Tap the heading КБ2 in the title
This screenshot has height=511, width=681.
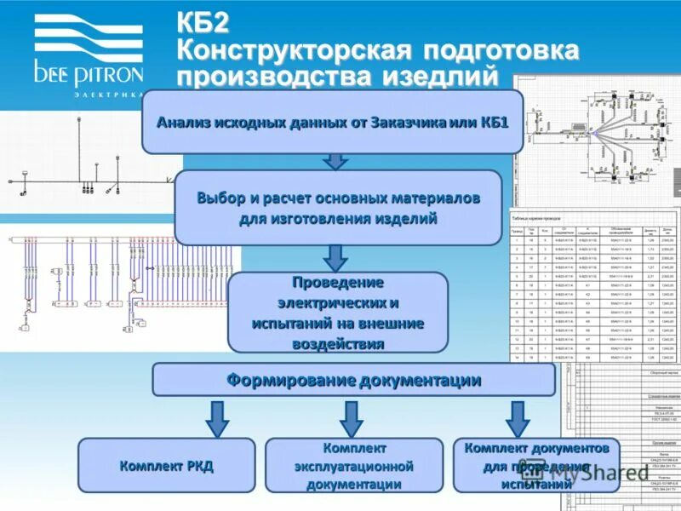point(203,20)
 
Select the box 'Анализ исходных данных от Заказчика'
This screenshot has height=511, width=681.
point(332,122)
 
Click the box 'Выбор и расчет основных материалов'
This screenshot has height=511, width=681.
point(338,208)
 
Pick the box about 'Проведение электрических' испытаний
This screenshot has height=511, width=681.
point(338,313)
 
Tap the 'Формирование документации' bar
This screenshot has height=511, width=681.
point(353,380)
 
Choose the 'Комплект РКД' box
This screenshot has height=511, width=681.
point(167,466)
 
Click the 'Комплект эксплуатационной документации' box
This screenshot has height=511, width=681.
point(354,466)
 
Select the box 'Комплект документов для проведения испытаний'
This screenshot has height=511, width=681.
point(535,466)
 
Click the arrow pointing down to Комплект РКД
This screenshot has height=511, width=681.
point(217,418)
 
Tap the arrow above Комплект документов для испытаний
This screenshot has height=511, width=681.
point(517,418)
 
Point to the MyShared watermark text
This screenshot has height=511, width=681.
point(629,474)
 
